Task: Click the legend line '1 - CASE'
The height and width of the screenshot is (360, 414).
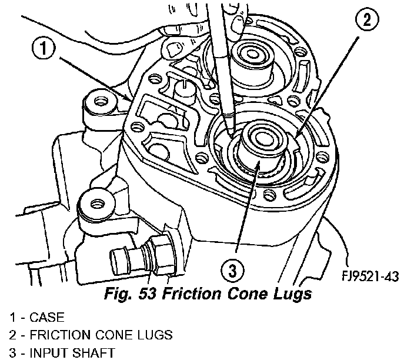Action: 36,318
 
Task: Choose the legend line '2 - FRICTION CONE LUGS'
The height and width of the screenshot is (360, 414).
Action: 91,335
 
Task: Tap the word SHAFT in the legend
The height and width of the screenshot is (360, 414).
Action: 96,352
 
